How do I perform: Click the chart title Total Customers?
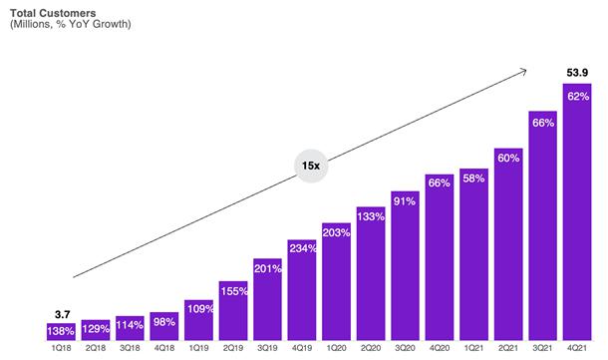point(53,13)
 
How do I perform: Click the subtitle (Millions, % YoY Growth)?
point(71,25)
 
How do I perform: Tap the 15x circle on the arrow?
point(311,166)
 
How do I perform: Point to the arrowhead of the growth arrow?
point(524,70)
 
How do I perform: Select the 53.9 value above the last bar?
point(577,73)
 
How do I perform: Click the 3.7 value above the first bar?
point(62,314)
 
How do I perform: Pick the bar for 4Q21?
point(577,211)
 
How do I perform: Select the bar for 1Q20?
point(336,281)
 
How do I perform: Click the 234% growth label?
point(303,248)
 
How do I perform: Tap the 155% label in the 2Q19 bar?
point(234,291)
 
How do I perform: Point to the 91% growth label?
point(405,201)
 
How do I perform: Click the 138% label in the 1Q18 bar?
point(61,331)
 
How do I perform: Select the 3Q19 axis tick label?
point(267,348)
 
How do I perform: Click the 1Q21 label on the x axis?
point(473,348)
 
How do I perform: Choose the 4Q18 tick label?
point(164,348)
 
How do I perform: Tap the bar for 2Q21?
point(508,244)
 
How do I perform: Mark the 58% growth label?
point(473,179)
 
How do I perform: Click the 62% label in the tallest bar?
point(578,96)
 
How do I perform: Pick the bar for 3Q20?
point(406,265)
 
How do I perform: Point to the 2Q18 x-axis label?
point(96,348)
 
